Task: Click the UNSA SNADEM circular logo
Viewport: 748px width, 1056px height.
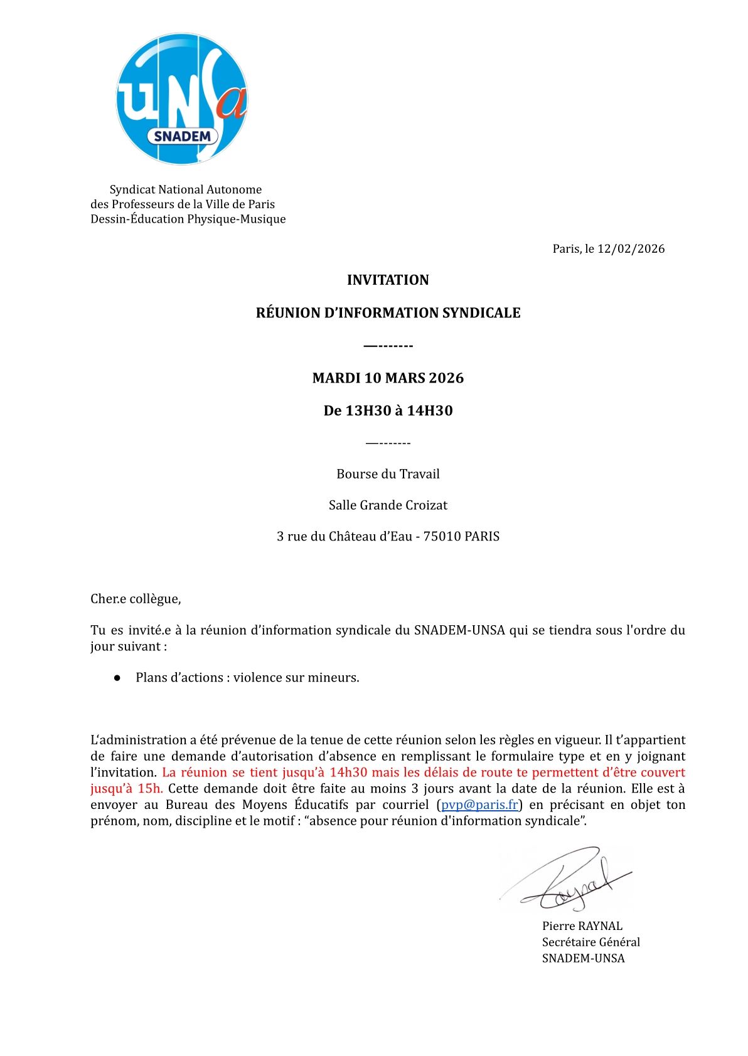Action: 181,98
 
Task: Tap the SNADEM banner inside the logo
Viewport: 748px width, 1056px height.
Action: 182,136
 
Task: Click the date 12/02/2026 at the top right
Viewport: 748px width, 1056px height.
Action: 631,249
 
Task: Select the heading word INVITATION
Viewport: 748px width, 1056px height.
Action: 388,280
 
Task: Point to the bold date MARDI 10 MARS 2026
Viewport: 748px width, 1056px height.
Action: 388,378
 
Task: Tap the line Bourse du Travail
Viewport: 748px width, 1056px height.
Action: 388,474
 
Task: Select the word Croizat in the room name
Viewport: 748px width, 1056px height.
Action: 426,505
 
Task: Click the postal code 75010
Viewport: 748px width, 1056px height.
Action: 442,537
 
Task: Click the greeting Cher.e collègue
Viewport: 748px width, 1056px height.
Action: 136,599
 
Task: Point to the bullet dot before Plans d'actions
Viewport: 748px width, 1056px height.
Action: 117,678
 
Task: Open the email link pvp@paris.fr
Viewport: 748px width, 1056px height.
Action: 479,805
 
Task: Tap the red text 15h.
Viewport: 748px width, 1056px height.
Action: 150,789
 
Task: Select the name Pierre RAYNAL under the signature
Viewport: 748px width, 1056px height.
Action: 582,926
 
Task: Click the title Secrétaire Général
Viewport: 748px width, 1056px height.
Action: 590,942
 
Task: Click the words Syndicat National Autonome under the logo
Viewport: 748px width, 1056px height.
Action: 186,189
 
